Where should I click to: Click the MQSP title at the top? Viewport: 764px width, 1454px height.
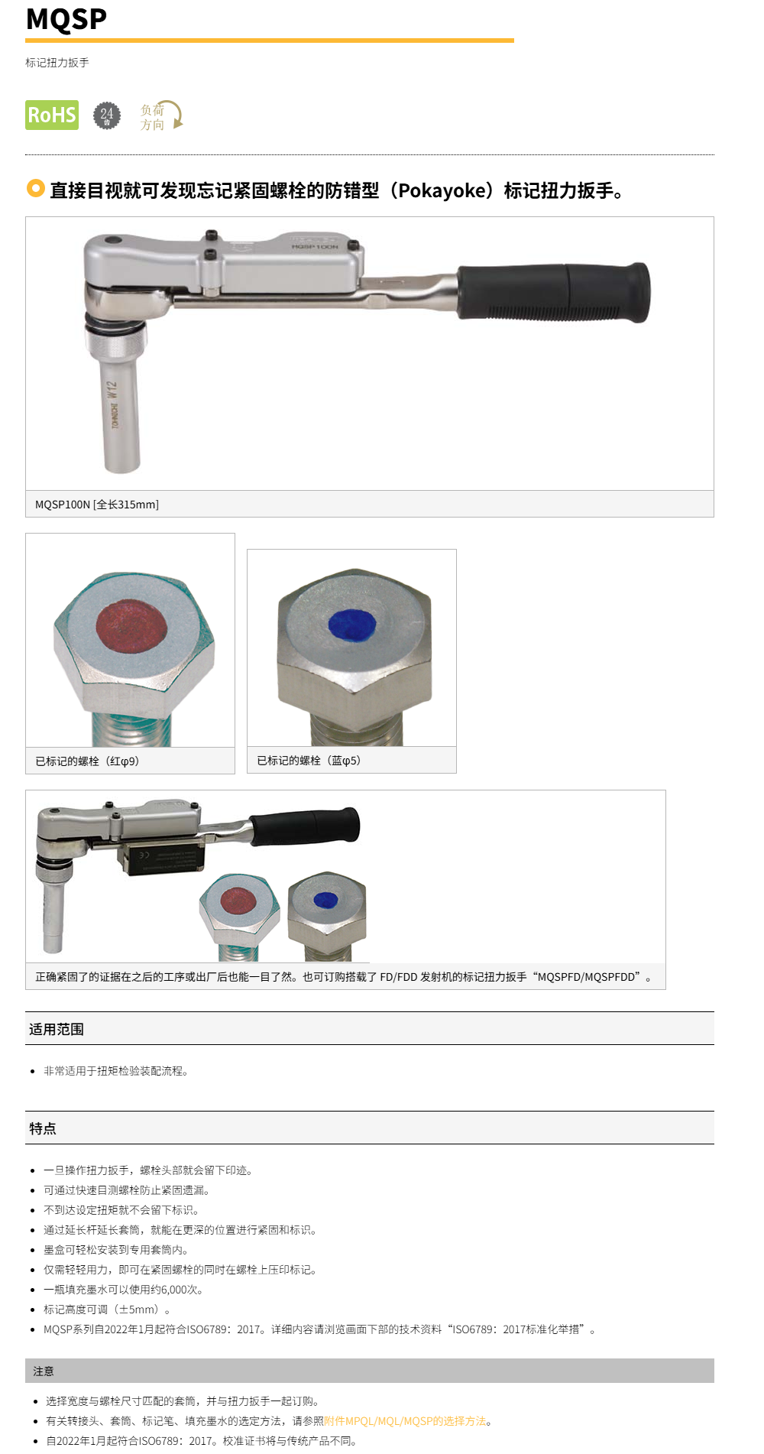(66, 19)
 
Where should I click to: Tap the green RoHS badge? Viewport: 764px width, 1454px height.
(52, 115)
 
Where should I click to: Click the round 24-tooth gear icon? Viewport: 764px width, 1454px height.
(107, 115)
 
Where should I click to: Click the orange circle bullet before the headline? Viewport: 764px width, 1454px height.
(35, 188)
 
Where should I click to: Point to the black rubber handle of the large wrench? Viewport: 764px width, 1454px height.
(554, 292)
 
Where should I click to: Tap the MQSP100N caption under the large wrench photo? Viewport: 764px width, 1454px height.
(97, 505)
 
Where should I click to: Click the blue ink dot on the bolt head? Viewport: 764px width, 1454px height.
(351, 625)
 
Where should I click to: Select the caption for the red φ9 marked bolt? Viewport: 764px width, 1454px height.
(87, 761)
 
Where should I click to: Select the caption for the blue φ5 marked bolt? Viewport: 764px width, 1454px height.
(309, 761)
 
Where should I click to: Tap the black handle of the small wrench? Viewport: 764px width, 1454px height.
(306, 826)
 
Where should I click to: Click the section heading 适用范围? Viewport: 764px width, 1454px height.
(57, 1029)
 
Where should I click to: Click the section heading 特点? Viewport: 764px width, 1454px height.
(43, 1128)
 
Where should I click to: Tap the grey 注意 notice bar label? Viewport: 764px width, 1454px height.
(44, 1371)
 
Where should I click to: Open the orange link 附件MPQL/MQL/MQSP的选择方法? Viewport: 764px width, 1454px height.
(405, 1421)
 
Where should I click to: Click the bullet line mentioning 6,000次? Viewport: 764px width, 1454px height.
(123, 1290)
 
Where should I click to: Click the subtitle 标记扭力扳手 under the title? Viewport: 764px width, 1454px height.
(57, 63)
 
